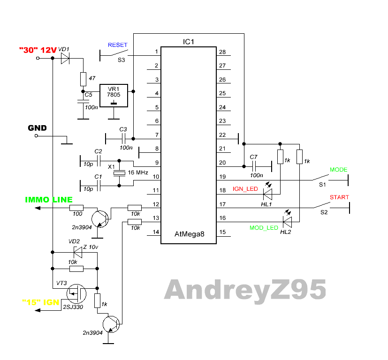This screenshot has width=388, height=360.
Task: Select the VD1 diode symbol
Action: click(x=65, y=59)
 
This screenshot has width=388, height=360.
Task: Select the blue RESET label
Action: click(x=117, y=45)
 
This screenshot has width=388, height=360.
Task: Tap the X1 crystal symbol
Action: click(x=120, y=173)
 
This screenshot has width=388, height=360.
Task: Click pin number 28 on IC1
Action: click(x=222, y=52)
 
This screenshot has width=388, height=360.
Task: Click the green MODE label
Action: click(x=338, y=170)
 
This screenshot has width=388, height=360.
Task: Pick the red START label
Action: click(x=339, y=197)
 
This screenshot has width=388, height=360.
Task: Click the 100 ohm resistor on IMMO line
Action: click(x=76, y=208)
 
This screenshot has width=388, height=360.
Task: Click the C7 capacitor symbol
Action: click(x=254, y=165)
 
